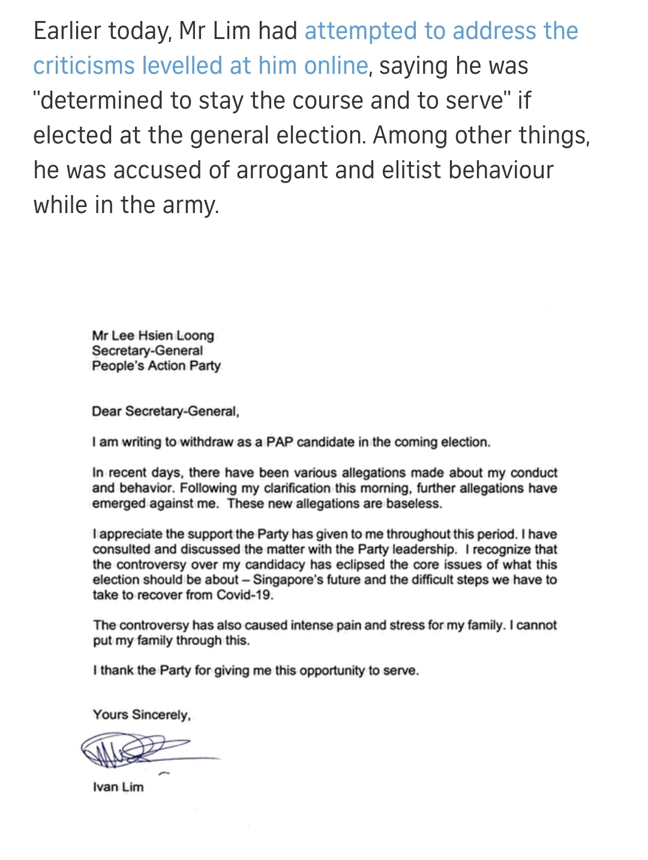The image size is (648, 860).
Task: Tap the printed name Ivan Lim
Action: coord(118,787)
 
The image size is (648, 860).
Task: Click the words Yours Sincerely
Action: coord(142,715)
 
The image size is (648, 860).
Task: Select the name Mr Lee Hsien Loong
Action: coord(153,335)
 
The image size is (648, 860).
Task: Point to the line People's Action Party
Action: coord(156,365)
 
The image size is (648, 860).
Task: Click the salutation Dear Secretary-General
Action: coord(165,412)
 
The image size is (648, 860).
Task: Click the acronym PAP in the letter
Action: coord(279,442)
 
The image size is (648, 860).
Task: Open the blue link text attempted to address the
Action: coord(441,31)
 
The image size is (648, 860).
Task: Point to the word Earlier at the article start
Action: coord(67,31)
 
